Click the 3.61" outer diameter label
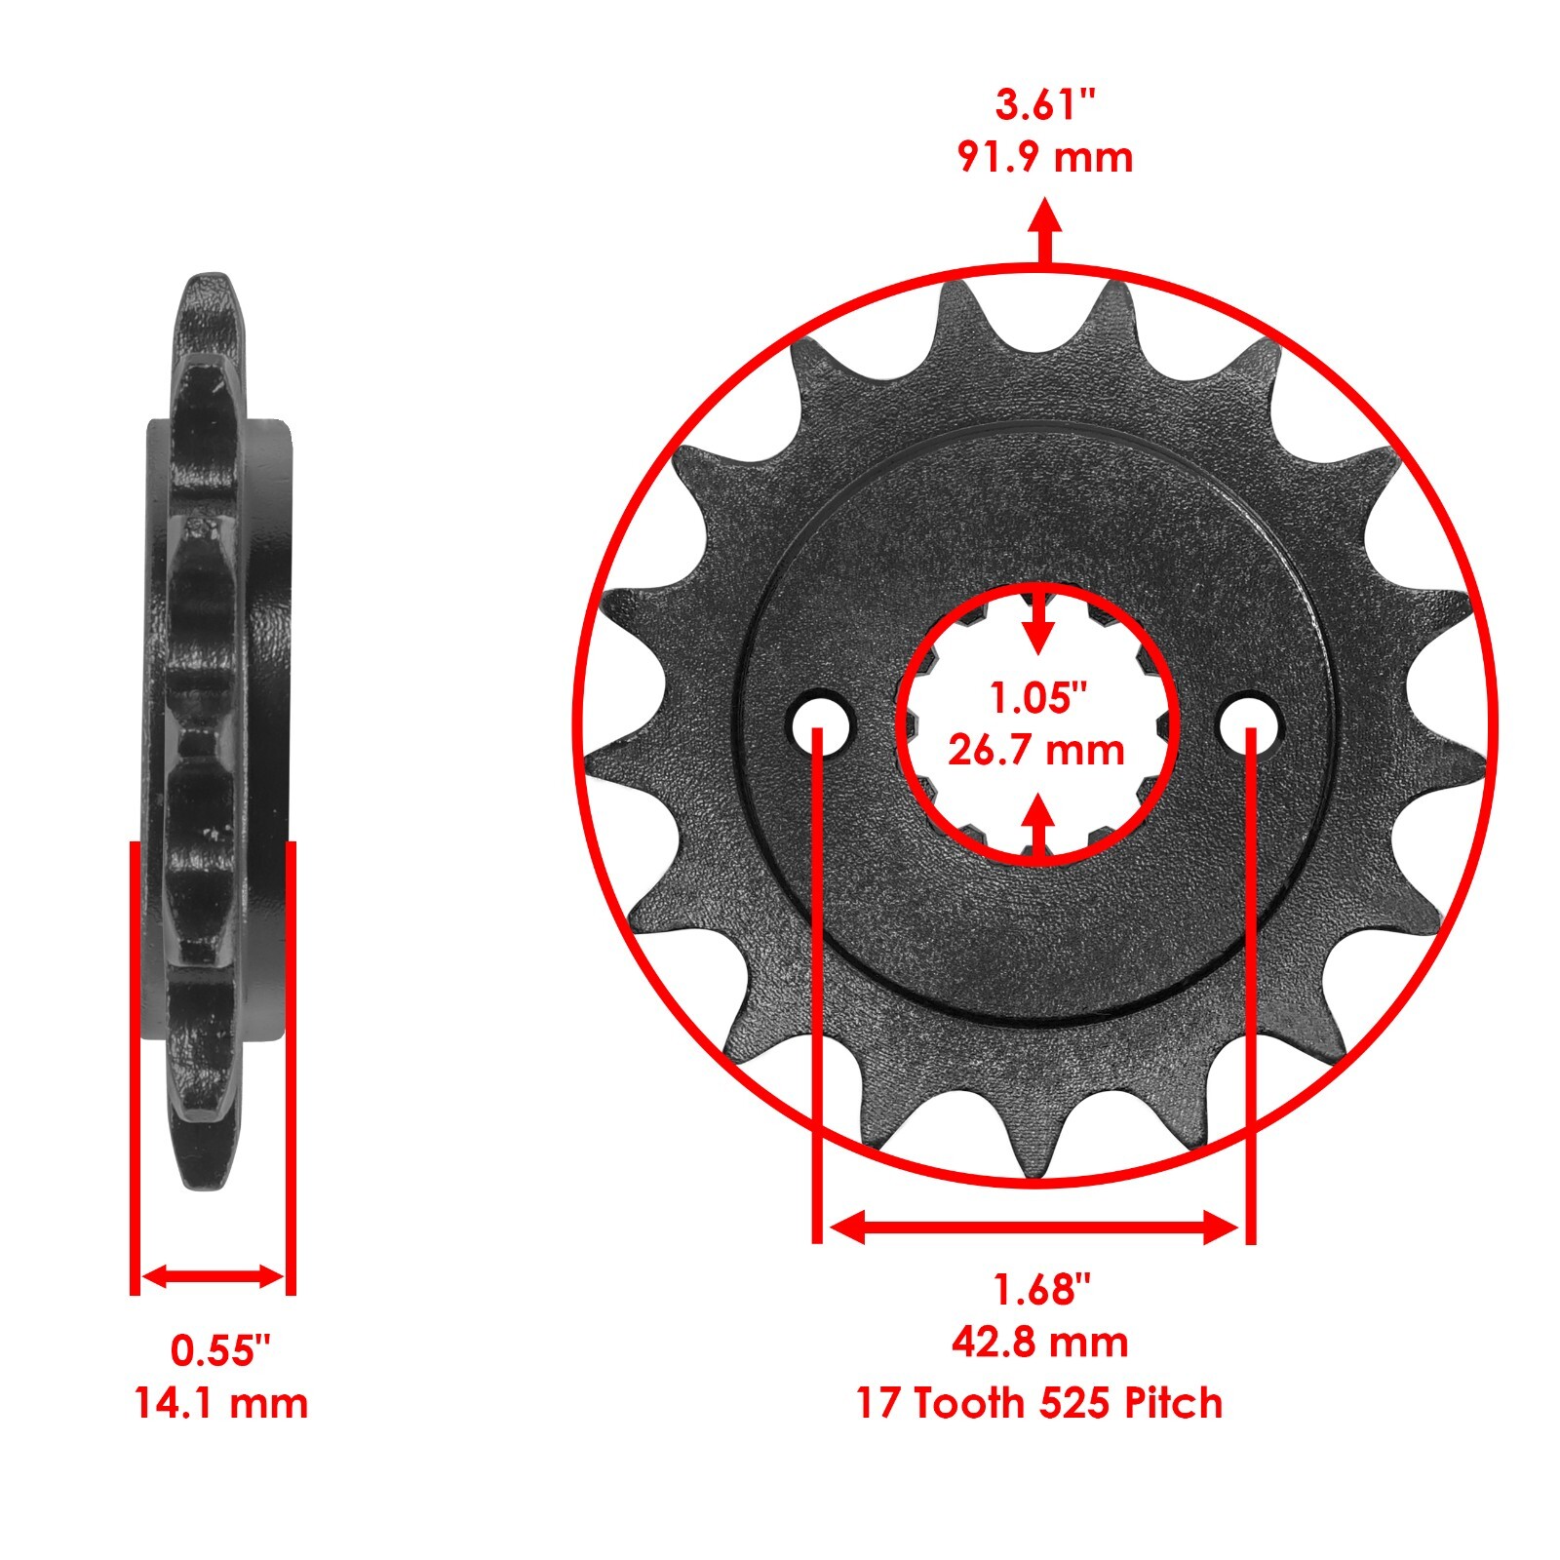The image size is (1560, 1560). [x=1045, y=104]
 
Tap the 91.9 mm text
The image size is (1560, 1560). [x=1045, y=158]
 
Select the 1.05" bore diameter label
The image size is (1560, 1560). [x=1037, y=698]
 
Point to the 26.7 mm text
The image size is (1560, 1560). [x=1036, y=751]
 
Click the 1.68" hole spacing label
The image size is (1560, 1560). [x=1040, y=1290]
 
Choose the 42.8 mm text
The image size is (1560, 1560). [x=1040, y=1343]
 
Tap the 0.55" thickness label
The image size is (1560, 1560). [x=220, y=1351]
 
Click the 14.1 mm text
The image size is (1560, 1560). [x=220, y=1404]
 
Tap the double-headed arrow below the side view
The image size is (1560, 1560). [x=213, y=1276]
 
